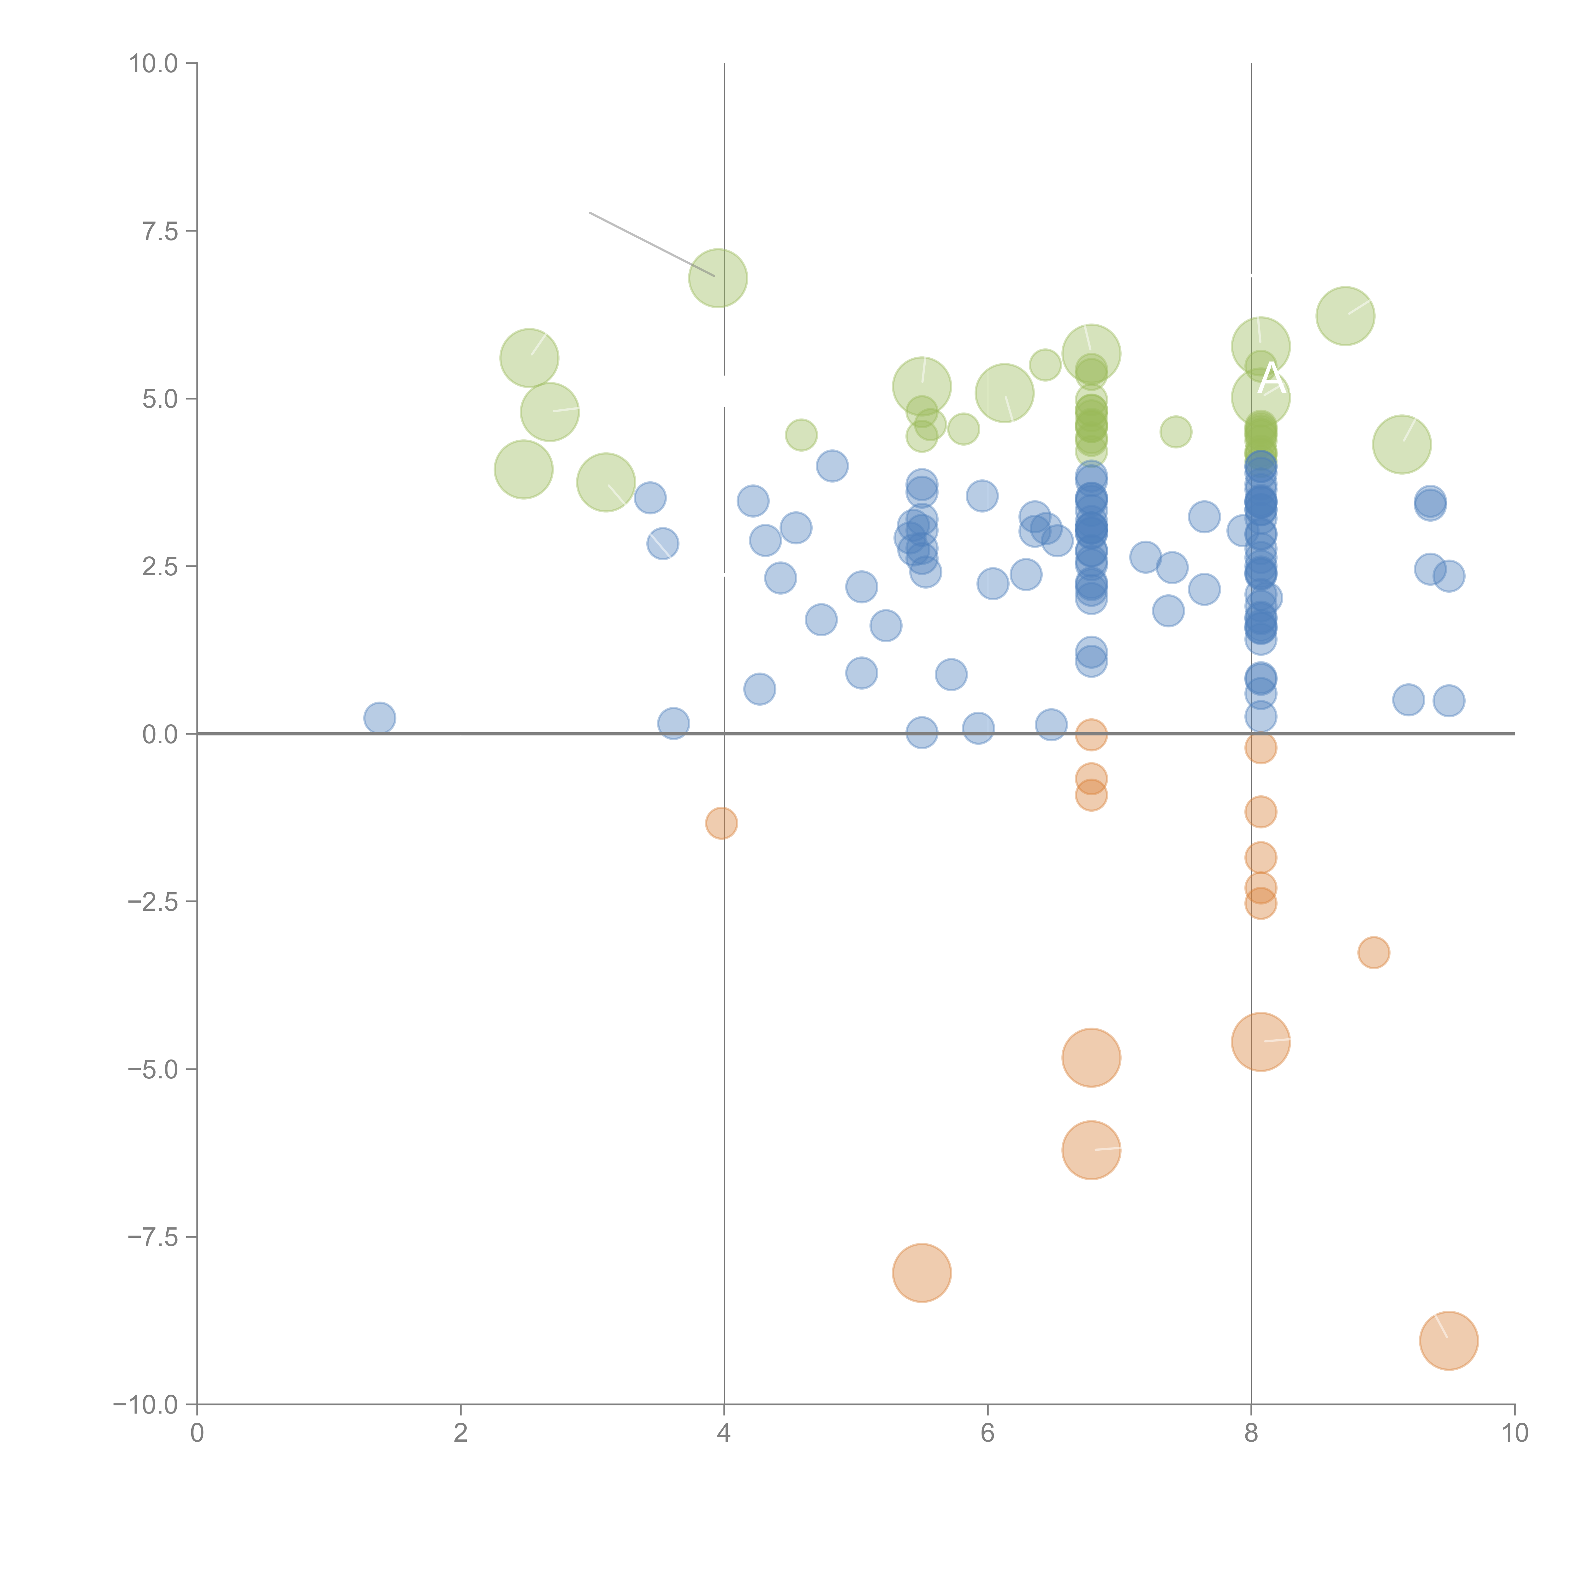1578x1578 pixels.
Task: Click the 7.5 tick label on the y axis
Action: (159, 231)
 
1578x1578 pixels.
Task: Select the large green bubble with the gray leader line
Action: (718, 278)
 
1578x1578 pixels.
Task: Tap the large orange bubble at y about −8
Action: (921, 1272)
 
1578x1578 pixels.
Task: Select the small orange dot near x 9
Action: (1374, 952)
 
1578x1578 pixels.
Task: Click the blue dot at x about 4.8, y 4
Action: (832, 466)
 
